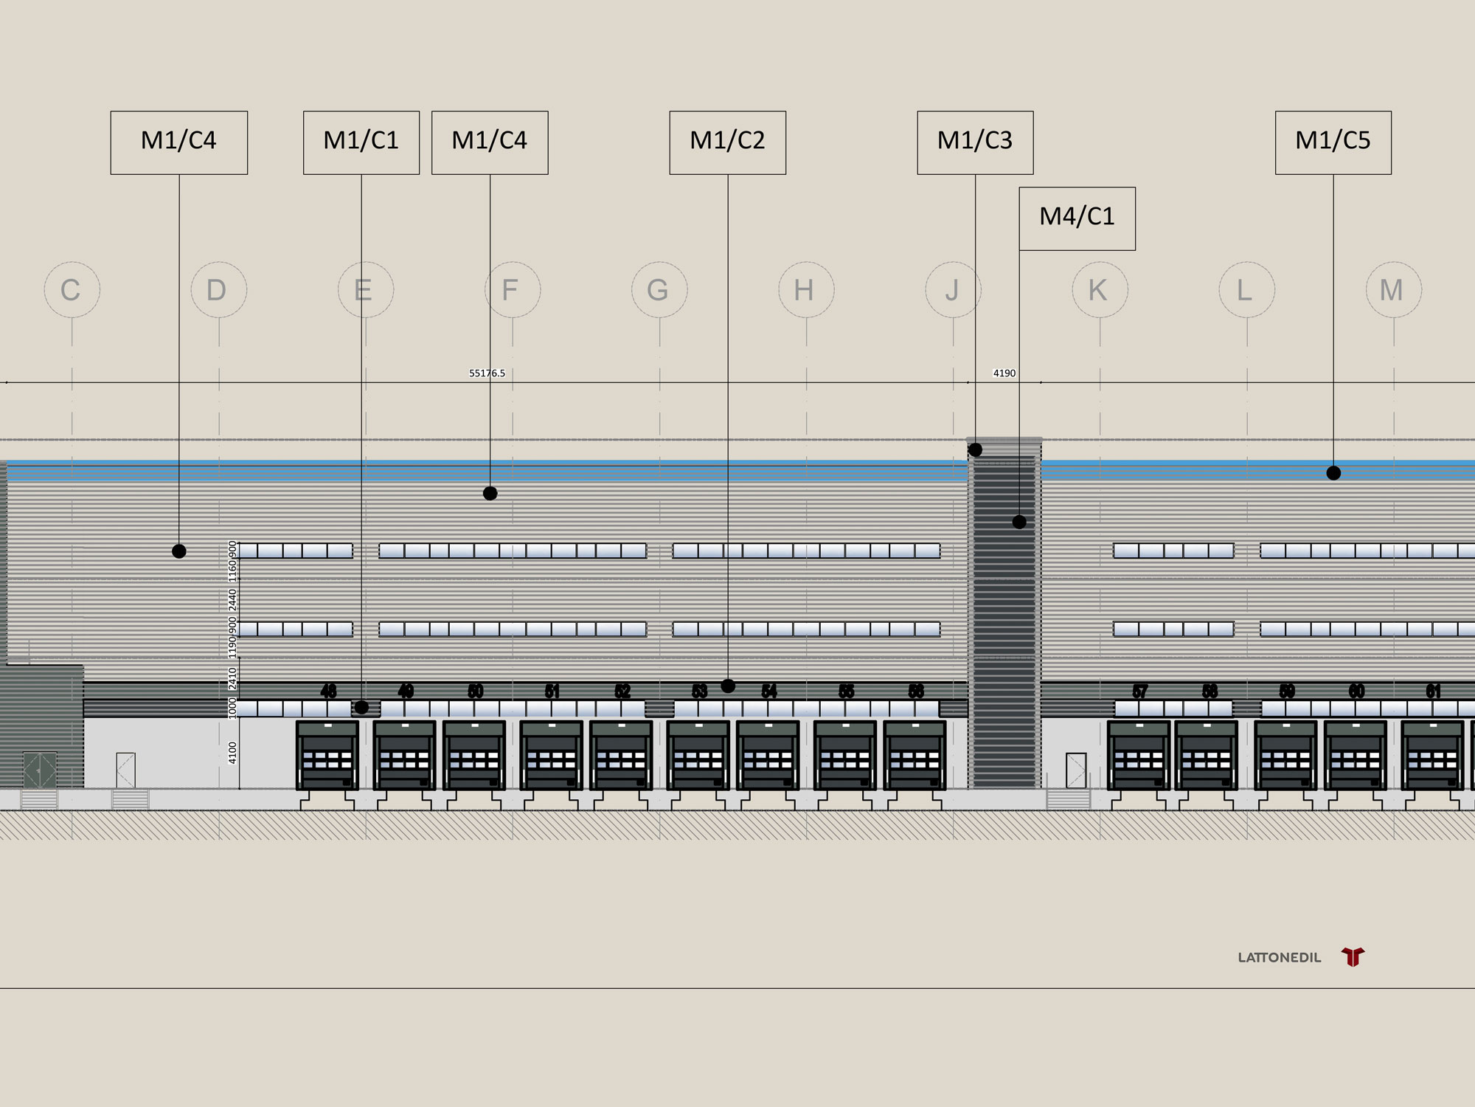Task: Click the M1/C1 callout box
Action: click(x=361, y=142)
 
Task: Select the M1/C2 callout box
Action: click(x=727, y=142)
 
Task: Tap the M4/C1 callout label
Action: click(x=1077, y=218)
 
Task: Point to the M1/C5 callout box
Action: click(x=1333, y=142)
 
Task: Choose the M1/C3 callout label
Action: click(x=975, y=142)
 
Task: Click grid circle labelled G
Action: click(x=659, y=290)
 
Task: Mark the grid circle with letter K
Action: click(x=1100, y=290)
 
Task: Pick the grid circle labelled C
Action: click(x=72, y=290)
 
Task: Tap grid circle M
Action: click(x=1393, y=290)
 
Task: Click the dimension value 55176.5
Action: click(x=487, y=373)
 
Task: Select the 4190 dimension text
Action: click(x=1004, y=373)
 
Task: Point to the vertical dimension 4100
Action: click(x=233, y=753)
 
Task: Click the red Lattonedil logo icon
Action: click(x=1353, y=957)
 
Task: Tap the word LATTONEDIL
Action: click(x=1280, y=958)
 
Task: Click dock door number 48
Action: click(x=328, y=692)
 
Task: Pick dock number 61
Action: click(x=1433, y=692)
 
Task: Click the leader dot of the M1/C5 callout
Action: click(x=1333, y=473)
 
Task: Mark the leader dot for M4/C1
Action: click(x=1019, y=522)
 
